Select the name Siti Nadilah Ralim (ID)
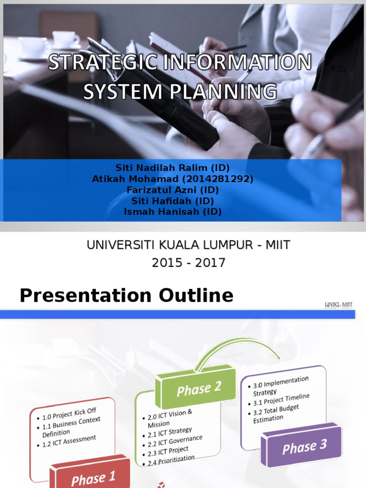point(173,168)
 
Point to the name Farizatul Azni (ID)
point(173,190)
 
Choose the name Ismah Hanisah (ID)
point(173,212)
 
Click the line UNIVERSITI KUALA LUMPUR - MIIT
point(188,245)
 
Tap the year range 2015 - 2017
point(188,263)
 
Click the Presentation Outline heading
point(126,296)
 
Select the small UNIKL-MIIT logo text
point(339,305)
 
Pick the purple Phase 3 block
point(304,447)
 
